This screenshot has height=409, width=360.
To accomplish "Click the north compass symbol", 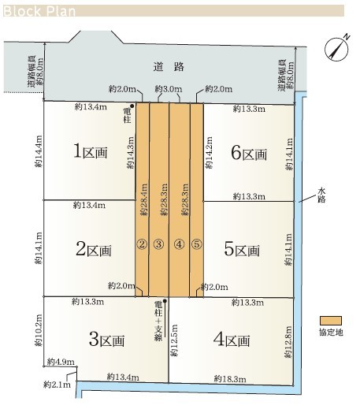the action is click(x=337, y=49).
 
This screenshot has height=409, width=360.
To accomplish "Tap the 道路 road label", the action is click(x=169, y=67).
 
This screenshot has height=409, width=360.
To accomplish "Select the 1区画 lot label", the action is click(x=91, y=151).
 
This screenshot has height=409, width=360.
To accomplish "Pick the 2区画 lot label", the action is click(x=94, y=249).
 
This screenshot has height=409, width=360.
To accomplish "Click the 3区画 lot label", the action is click(x=106, y=340).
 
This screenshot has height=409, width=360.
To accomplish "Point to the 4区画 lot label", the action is click(x=232, y=340).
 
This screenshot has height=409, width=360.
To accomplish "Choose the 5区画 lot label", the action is click(x=242, y=249).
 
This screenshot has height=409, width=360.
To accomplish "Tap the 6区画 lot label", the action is click(x=249, y=153).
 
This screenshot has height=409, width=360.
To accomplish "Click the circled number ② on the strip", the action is click(x=142, y=244).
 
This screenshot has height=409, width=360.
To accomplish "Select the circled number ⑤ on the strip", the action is click(x=197, y=244).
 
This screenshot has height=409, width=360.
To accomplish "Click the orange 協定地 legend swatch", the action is click(x=331, y=321).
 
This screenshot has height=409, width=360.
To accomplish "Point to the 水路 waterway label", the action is click(x=321, y=195).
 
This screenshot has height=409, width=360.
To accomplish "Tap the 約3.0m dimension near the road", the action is click(x=169, y=89).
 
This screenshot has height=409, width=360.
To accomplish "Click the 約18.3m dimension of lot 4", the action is click(x=230, y=379).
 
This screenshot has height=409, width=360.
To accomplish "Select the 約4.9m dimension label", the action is click(x=61, y=362).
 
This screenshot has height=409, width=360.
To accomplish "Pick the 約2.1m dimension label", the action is click(x=57, y=385).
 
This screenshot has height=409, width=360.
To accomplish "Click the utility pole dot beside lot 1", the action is click(x=132, y=106).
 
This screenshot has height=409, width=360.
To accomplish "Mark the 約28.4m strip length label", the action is click(x=143, y=199).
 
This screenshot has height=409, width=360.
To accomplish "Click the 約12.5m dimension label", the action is click(x=174, y=340).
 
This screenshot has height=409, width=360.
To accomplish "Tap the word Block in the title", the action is click(x=22, y=11).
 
